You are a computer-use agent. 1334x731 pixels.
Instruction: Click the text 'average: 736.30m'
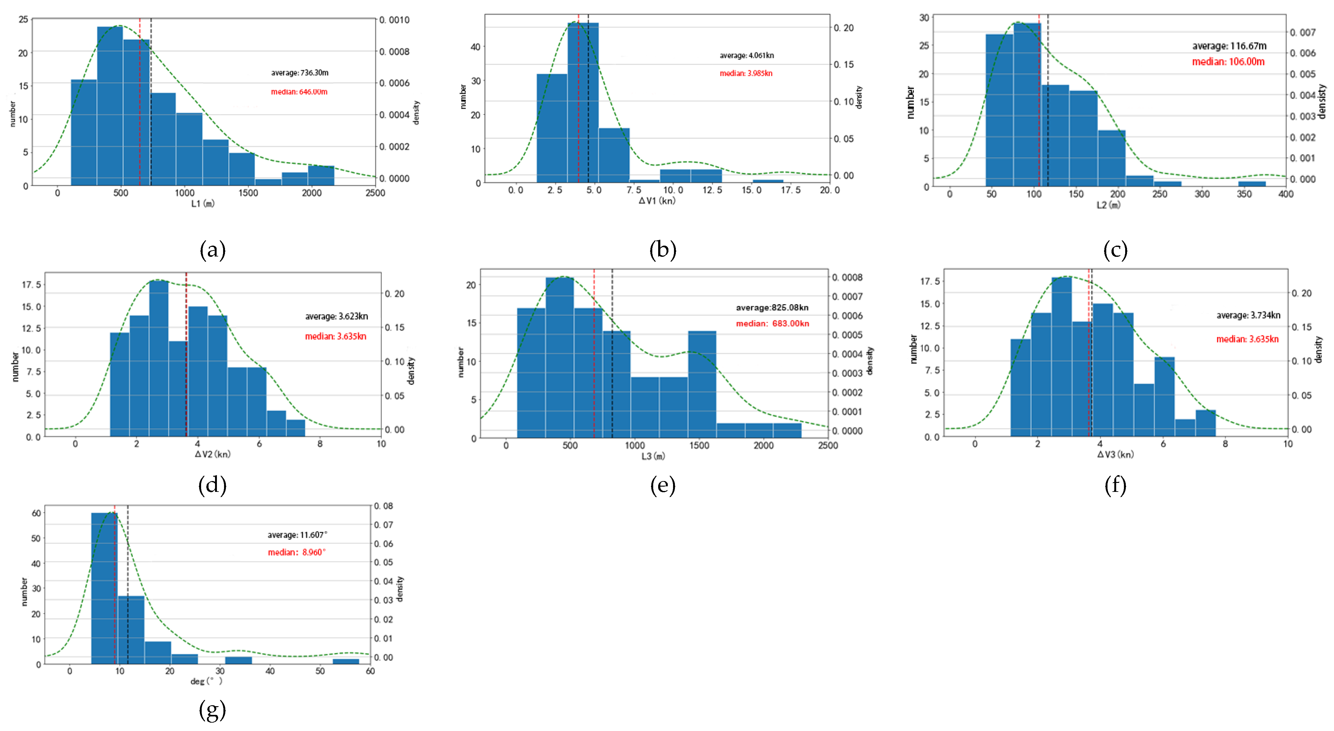pyautogui.click(x=299, y=73)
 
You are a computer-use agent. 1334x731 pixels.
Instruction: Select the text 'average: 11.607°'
pyautogui.click(x=297, y=535)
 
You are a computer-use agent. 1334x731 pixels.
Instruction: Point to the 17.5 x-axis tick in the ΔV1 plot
pyautogui.click(x=790, y=190)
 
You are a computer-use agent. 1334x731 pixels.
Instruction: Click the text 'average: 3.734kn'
pyautogui.click(x=1248, y=315)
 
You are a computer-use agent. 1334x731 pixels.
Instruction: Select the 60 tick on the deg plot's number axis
pyautogui.click(x=36, y=513)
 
